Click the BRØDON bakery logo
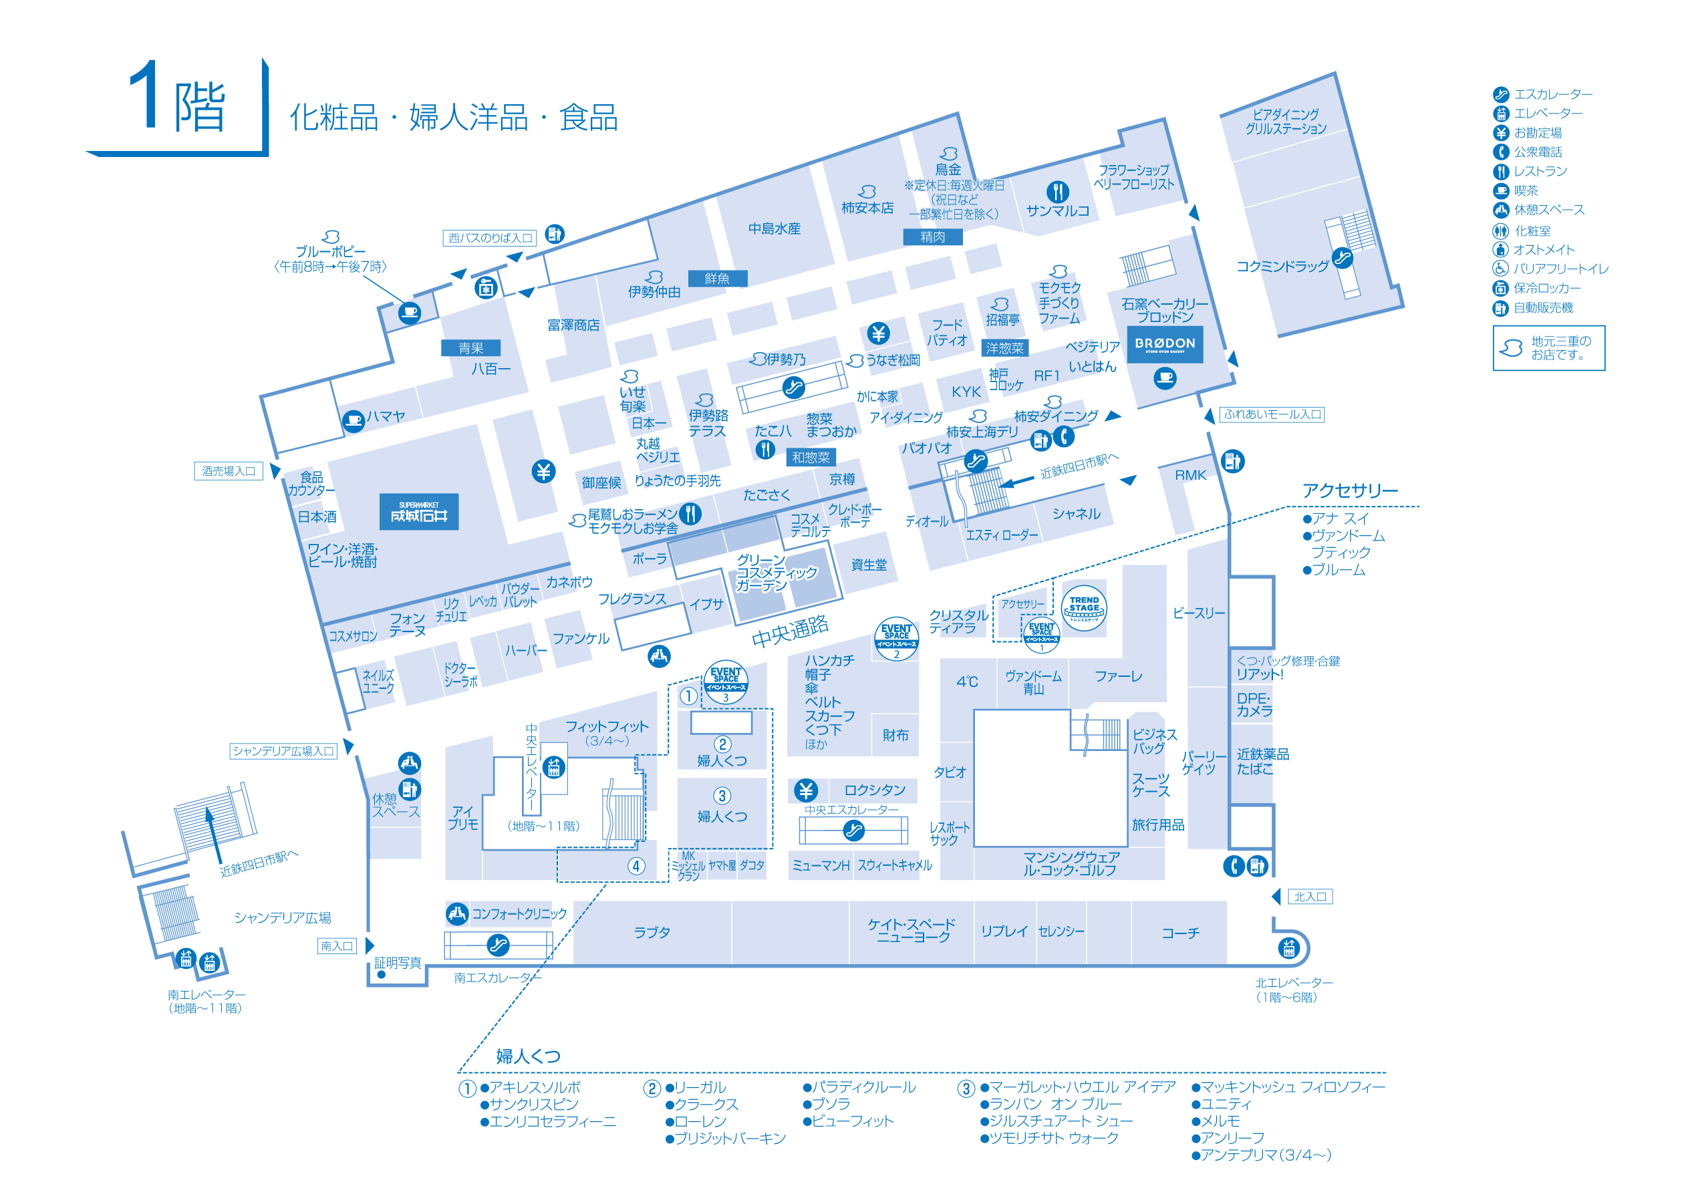[1165, 344]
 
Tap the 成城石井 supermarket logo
[418, 512]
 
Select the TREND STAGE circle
[1084, 608]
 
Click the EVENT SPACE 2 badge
[896, 637]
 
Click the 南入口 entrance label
[337, 945]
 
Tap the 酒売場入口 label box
[228, 470]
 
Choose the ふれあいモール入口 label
[1272, 414]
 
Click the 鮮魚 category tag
[717, 278]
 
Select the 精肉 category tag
[932, 237]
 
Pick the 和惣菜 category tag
[810, 457]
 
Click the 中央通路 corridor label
[790, 631]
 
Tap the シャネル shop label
[1076, 513]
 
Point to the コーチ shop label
[1180, 932]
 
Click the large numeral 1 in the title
[145, 96]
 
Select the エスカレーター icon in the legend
[1500, 94]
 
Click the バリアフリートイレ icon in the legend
[1500, 269]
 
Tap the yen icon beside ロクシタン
[806, 790]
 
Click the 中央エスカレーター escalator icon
[853, 830]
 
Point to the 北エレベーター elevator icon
[1288, 948]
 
